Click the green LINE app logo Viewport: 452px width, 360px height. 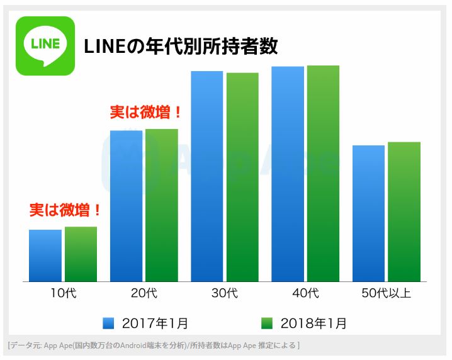[x=45, y=46]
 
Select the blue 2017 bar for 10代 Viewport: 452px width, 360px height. [x=45, y=256]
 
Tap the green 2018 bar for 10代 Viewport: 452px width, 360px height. [x=81, y=254]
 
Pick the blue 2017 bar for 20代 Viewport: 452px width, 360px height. [x=126, y=206]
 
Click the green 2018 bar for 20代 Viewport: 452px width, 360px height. [x=162, y=205]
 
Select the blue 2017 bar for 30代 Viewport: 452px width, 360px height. [x=207, y=176]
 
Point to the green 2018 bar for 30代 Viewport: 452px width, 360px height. [x=242, y=177]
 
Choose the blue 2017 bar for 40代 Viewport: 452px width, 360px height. [x=288, y=174]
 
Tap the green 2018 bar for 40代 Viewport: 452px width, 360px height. [x=323, y=173]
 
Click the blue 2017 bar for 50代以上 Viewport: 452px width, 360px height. [x=368, y=213]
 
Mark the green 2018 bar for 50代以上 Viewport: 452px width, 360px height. [x=404, y=211]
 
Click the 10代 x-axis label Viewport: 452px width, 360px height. [x=63, y=293]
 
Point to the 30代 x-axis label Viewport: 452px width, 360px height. [x=225, y=293]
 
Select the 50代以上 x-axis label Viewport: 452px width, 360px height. [x=387, y=293]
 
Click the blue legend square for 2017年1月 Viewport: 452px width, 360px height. [x=109, y=323]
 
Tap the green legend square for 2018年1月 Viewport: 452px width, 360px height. [x=267, y=323]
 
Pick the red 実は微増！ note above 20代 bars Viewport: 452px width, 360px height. [x=146, y=113]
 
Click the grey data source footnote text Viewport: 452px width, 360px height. [x=154, y=345]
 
